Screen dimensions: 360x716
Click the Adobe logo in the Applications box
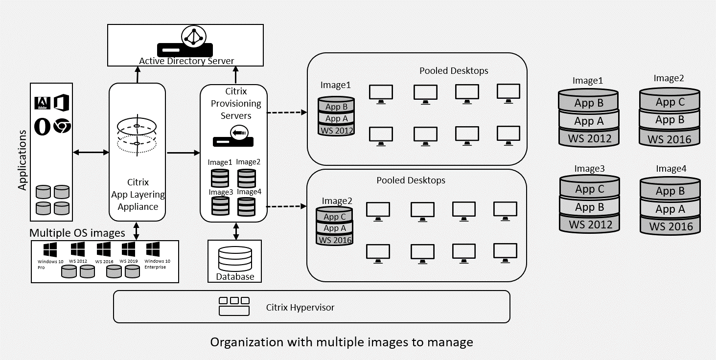42,103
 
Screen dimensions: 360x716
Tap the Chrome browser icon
62,126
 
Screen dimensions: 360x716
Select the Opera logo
42,127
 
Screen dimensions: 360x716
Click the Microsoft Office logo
62,103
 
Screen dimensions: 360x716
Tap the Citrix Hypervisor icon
233,306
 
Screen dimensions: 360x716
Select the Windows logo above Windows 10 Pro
50,250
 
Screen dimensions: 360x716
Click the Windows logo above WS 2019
128,249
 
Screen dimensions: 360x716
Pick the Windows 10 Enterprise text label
157,264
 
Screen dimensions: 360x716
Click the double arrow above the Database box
236,231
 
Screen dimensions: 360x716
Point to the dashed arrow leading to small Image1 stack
286,112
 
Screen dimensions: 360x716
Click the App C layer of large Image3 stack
589,189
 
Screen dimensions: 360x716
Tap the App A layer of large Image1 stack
589,121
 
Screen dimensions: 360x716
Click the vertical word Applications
23,159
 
